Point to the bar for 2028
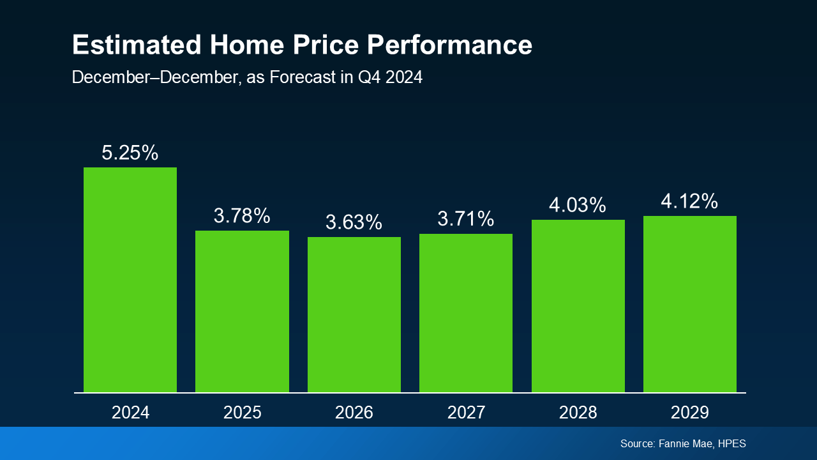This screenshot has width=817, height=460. click(578, 306)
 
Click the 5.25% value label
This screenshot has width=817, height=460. click(130, 153)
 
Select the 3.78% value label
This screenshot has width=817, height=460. click(242, 216)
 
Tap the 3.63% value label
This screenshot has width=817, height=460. click(354, 222)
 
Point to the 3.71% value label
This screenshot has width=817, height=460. click(466, 219)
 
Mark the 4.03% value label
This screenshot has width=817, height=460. click(578, 205)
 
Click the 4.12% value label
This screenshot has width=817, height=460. click(690, 201)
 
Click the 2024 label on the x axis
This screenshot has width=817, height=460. click(130, 412)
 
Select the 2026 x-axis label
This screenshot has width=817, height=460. click(354, 412)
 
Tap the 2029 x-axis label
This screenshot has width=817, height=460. click(690, 412)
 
